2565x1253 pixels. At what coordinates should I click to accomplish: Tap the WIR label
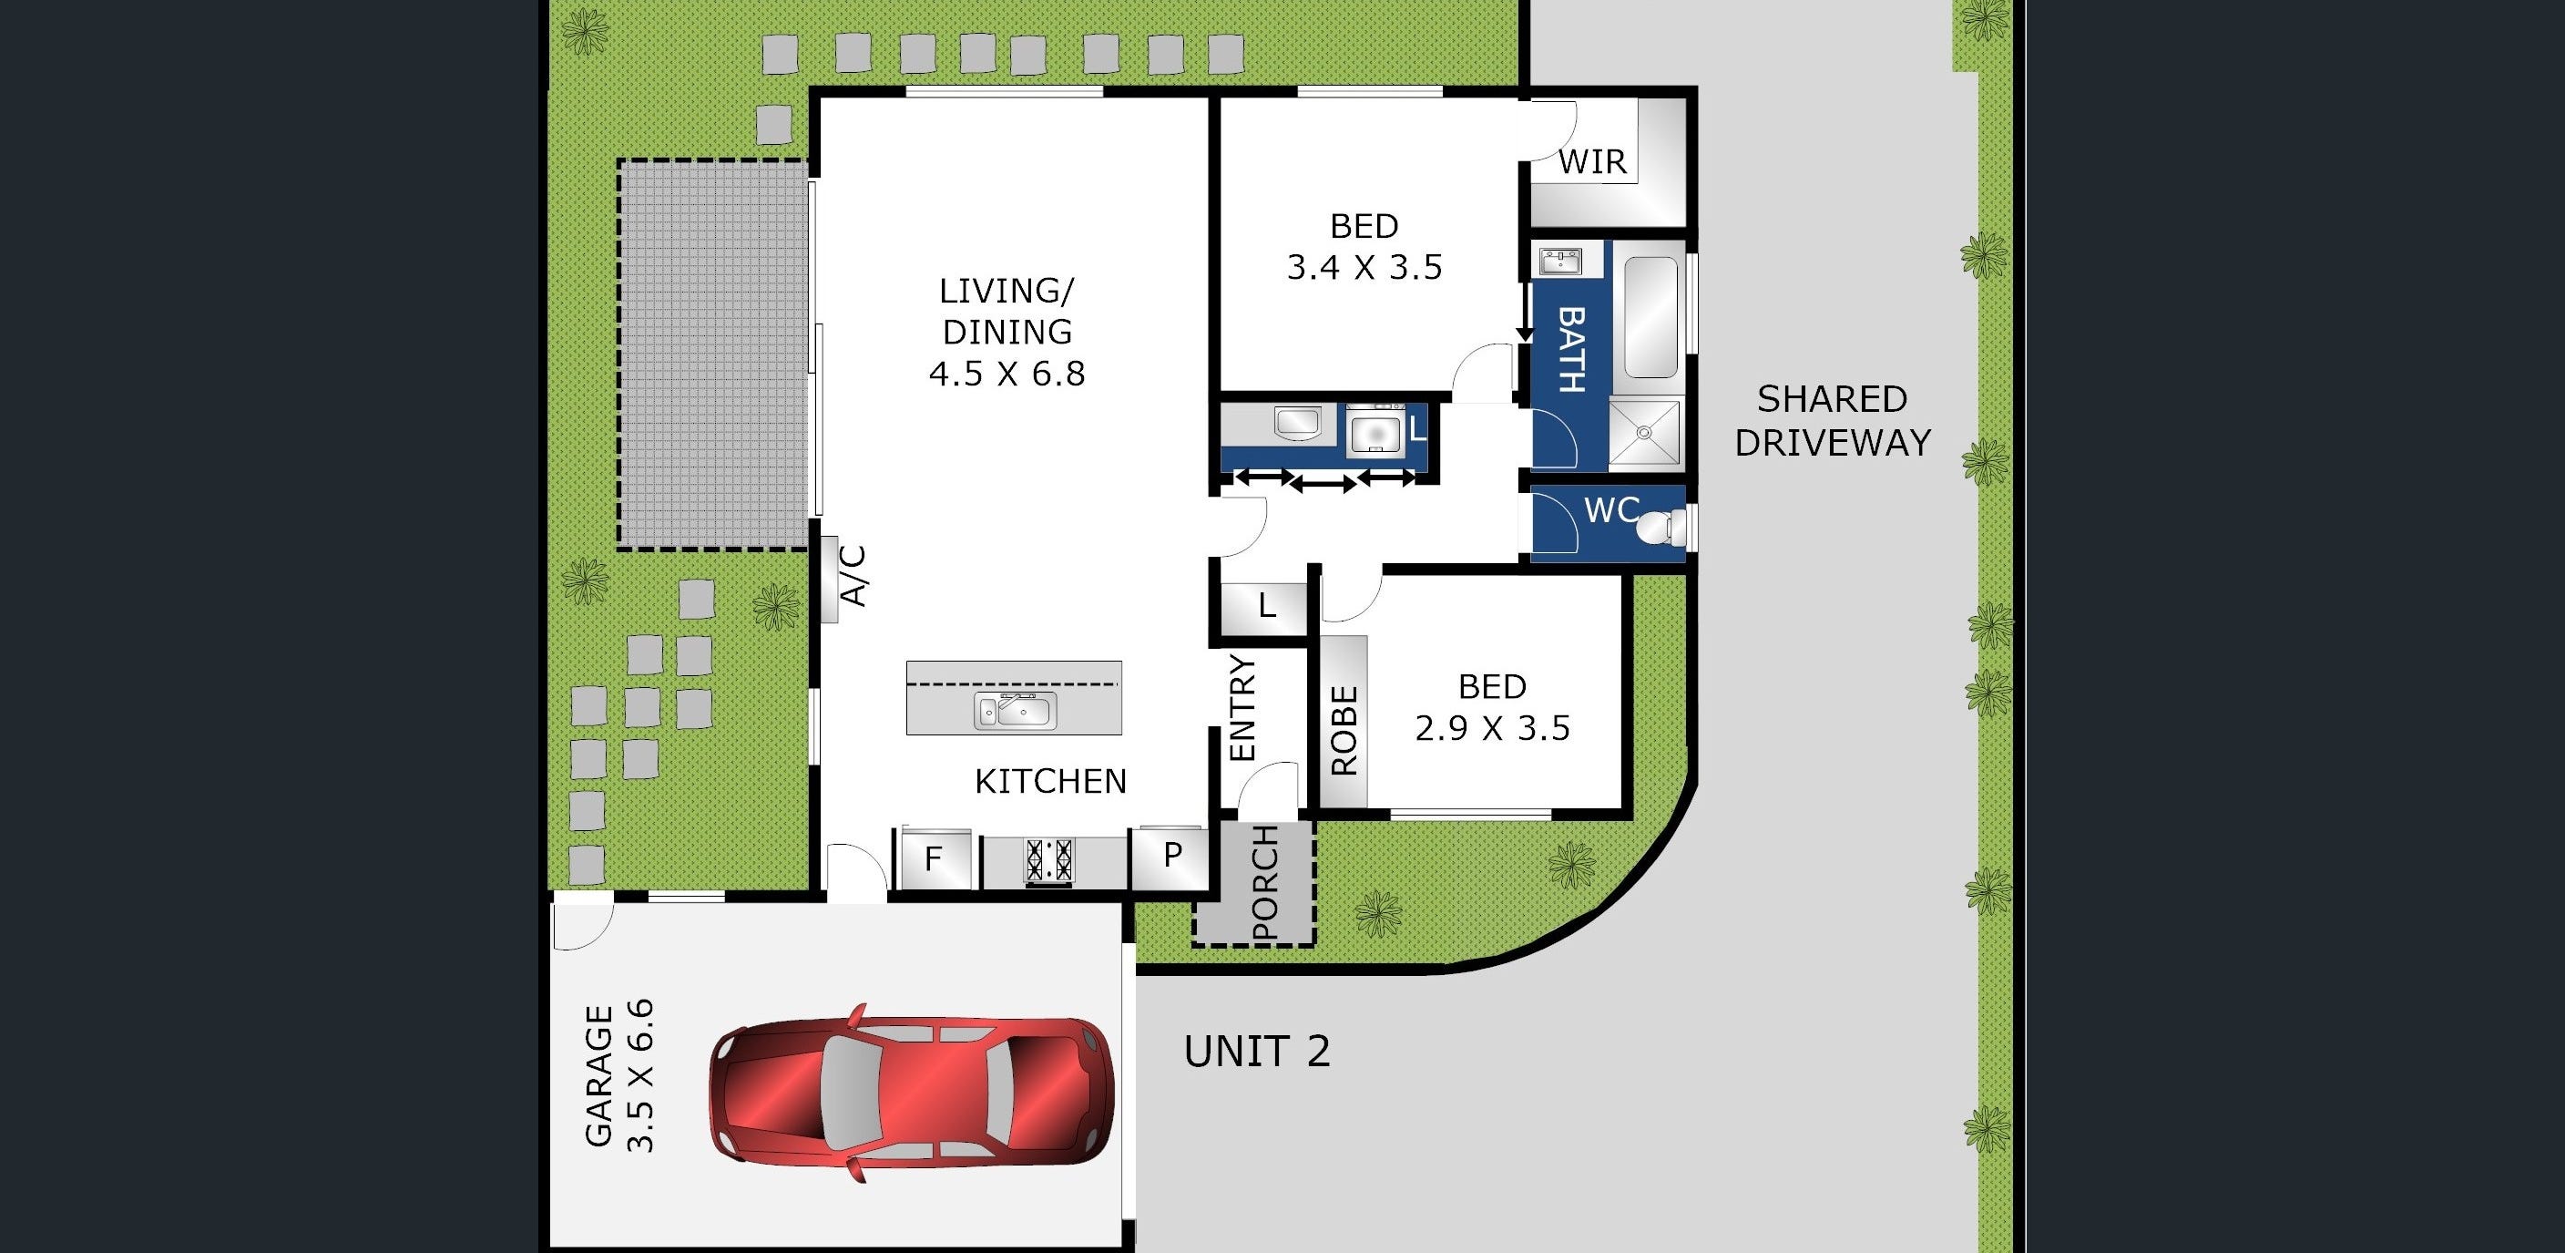(x=1592, y=161)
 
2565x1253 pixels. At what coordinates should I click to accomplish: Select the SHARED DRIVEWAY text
(x=1832, y=420)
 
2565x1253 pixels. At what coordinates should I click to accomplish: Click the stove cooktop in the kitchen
(x=1050, y=860)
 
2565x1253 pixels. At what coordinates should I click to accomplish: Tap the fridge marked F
(x=934, y=858)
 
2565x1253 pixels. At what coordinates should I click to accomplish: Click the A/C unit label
(x=854, y=576)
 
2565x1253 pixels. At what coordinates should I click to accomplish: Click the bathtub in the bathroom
(x=1650, y=318)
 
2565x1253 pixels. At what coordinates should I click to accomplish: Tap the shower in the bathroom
(x=1645, y=433)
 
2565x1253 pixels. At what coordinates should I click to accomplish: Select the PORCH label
(x=1264, y=882)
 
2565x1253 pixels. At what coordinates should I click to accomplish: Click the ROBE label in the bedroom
(x=1344, y=730)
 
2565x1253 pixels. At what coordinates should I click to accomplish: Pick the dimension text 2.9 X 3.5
(x=1493, y=729)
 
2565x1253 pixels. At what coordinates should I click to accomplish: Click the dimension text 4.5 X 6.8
(x=1007, y=375)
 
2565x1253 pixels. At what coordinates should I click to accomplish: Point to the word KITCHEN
(x=1050, y=782)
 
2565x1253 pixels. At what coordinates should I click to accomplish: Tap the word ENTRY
(x=1243, y=708)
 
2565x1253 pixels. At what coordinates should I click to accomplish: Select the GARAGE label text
(x=598, y=1077)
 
